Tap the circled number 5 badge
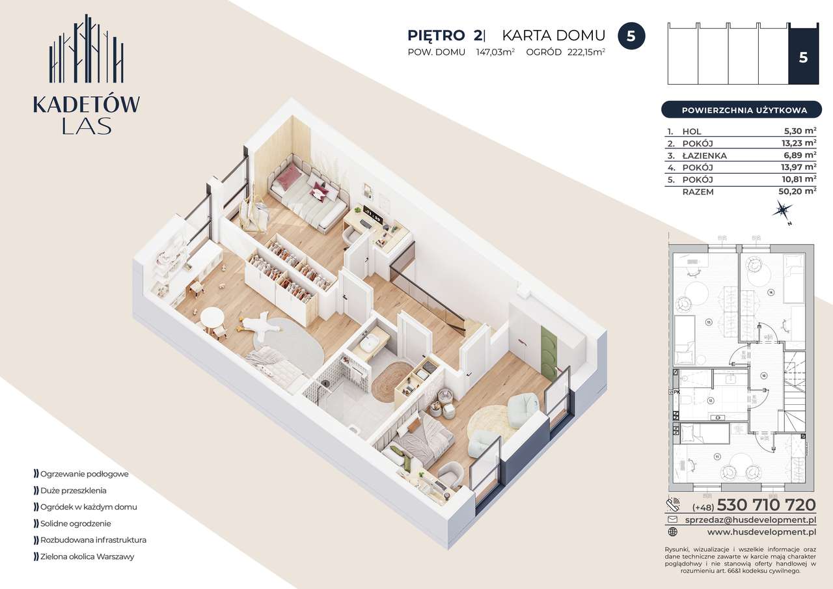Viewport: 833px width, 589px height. click(631, 36)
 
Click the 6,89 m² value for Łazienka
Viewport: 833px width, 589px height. click(800, 156)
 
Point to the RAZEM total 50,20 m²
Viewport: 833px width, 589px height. click(800, 191)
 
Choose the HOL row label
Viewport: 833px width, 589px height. click(691, 131)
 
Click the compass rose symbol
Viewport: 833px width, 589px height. click(782, 210)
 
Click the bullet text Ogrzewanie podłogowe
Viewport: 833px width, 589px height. click(84, 474)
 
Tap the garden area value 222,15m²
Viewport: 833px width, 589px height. click(584, 53)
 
